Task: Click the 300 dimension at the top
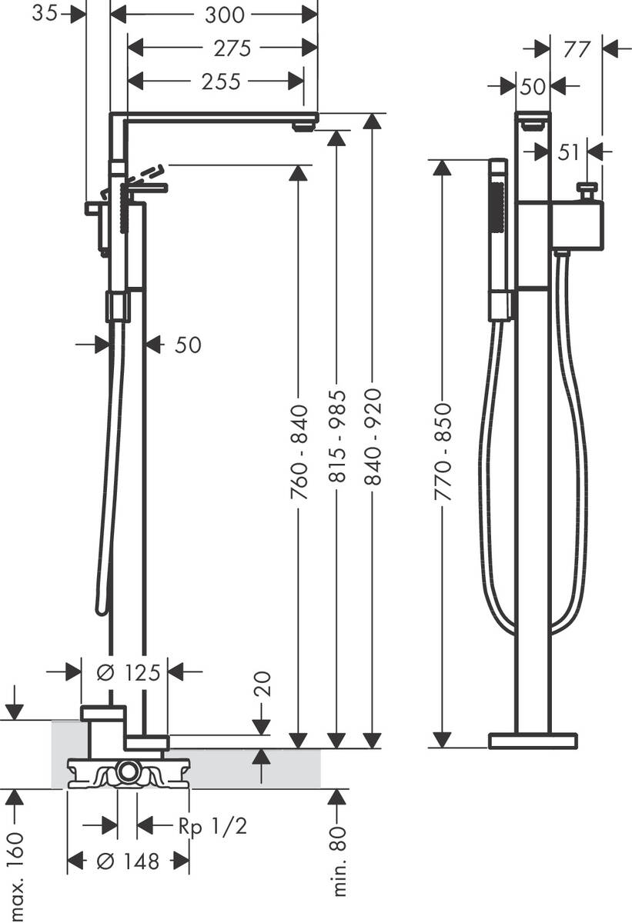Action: (225, 14)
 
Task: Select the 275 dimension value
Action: (232, 48)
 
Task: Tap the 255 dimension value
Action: (222, 81)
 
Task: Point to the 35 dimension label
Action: (45, 14)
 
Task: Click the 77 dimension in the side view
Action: (576, 49)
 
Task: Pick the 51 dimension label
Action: (568, 152)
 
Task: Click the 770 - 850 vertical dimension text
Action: (442, 453)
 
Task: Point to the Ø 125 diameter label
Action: (125, 672)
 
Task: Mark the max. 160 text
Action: (15, 870)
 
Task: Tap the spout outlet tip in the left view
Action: (305, 125)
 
